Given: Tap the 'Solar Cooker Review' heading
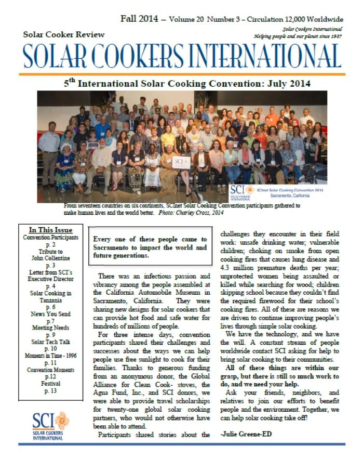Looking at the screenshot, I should click(64, 34).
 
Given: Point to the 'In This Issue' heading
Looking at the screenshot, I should click(50, 230).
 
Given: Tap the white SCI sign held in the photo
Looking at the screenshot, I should click(181, 162).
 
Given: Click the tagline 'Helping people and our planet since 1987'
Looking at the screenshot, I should click(298, 37).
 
